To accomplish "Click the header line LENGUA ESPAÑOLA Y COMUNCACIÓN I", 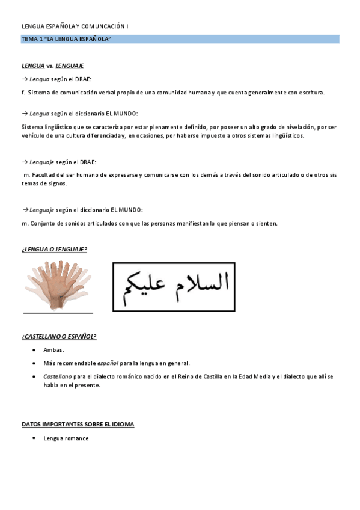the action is pos(75,26).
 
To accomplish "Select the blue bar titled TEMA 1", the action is pos(180,39).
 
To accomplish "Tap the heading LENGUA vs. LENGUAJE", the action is pos(52,66).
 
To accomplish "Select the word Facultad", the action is pos(44,175).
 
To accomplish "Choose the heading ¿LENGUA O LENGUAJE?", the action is pos(54,249).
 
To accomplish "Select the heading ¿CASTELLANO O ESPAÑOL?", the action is pos(58,336).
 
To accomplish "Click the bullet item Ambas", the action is pos(53,350).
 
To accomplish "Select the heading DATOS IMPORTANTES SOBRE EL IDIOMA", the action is pos(78,424).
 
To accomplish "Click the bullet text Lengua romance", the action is pos(66,438).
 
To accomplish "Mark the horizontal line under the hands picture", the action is pos(58,313).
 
